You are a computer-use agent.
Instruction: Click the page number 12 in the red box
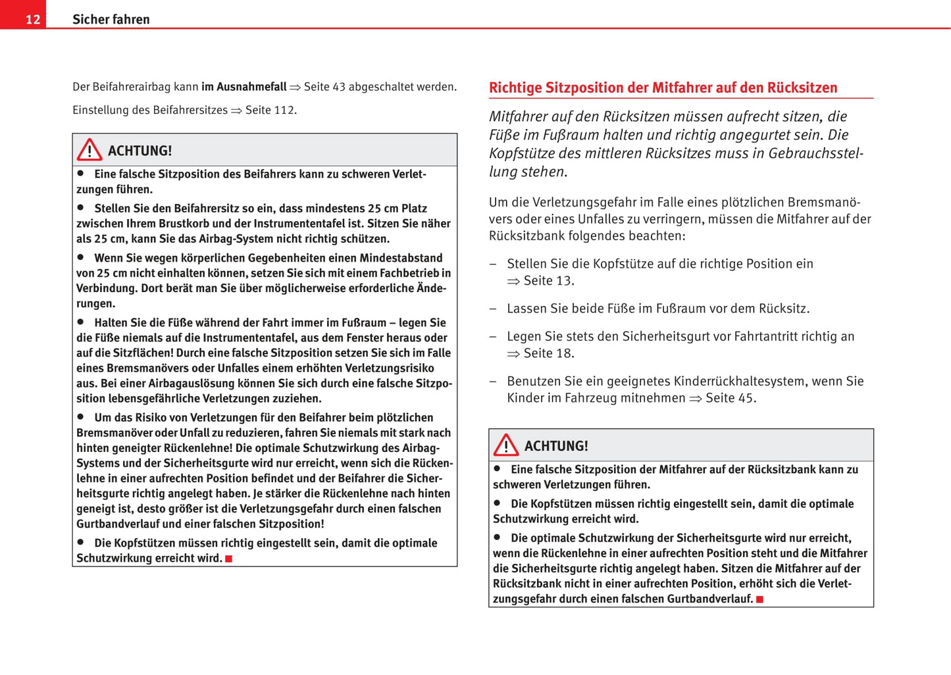pos(33,19)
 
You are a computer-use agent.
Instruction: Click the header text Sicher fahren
pos(111,19)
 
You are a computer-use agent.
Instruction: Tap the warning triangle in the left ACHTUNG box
pos(89,150)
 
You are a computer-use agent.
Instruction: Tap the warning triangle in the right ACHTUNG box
pos(505,445)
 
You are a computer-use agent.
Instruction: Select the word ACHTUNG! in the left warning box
pos(140,151)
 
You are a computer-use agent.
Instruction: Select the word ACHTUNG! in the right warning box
pos(556,446)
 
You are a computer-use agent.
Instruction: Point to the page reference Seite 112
pos(270,110)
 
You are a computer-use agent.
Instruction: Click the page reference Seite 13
pos(548,281)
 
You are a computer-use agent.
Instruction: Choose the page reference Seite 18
pos(548,353)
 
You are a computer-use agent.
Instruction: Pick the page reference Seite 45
pos(730,398)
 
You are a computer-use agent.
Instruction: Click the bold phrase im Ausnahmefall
pos(244,87)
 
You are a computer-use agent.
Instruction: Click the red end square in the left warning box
pos(229,559)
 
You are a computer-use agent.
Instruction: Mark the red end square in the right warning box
pos(759,599)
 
